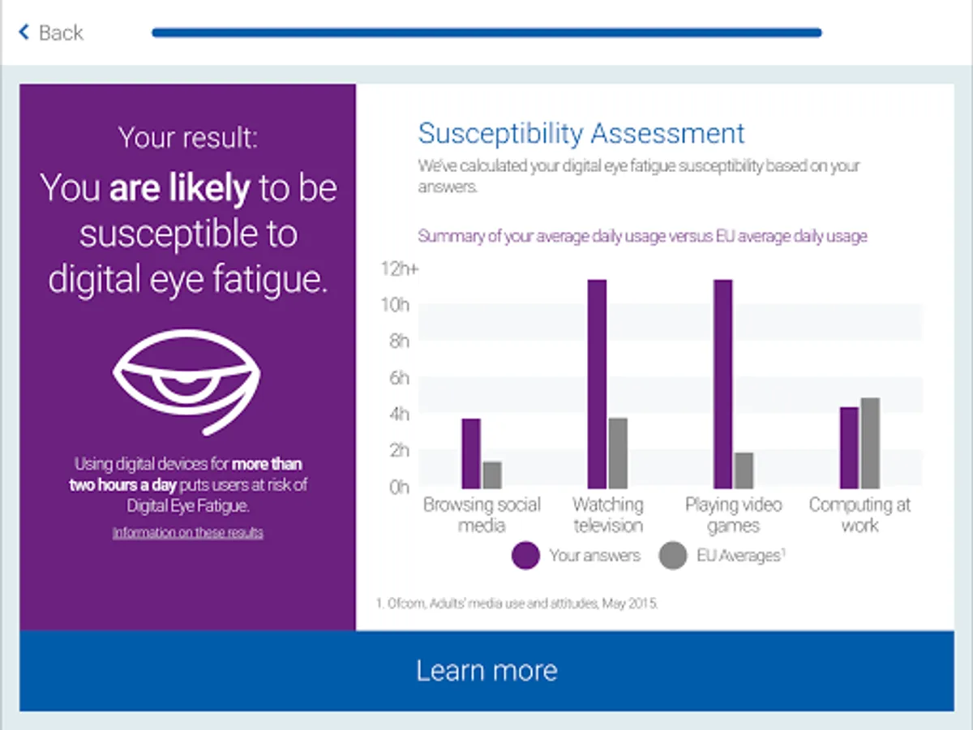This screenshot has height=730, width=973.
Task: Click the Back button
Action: coord(51,33)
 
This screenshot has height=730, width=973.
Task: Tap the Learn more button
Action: coord(486,671)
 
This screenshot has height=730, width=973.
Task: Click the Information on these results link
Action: coord(187,533)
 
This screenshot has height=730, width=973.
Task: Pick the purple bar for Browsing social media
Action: coord(471,453)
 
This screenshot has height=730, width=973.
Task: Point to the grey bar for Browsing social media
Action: coord(492,475)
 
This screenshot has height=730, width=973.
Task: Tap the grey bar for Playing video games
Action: coord(744,470)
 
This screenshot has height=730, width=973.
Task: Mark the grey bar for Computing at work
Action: coord(870,443)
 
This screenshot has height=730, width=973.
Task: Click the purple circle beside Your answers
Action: coord(525,556)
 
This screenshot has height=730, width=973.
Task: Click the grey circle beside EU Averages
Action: coord(673,556)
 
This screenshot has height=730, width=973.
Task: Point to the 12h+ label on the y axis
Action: coord(399,268)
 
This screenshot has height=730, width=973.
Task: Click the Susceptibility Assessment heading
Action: coord(581,133)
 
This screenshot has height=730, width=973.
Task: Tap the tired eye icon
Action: coord(187,380)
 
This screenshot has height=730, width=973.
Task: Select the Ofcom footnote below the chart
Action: coord(516,603)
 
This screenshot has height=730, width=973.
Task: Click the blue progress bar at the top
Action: coord(486,33)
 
